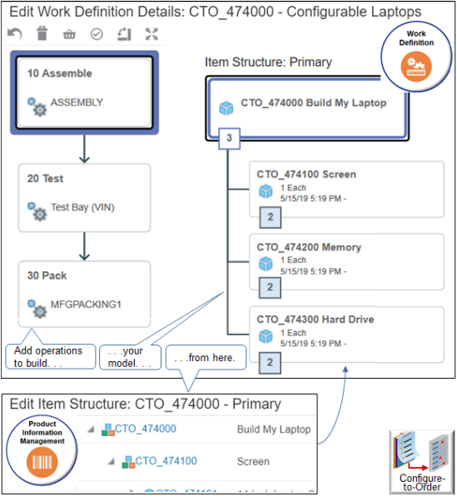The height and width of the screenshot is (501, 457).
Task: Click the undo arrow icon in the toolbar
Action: point(14,33)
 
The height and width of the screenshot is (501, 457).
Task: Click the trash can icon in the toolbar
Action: point(42,33)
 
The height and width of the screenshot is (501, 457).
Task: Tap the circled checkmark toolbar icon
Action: point(96,33)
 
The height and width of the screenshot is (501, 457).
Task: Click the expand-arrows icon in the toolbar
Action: point(151,33)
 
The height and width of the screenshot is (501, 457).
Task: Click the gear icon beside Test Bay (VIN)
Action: point(37,211)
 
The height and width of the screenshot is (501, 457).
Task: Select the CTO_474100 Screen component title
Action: point(306,175)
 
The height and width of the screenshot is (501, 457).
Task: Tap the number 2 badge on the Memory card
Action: point(269,288)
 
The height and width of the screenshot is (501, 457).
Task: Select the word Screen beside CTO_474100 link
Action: point(253,461)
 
